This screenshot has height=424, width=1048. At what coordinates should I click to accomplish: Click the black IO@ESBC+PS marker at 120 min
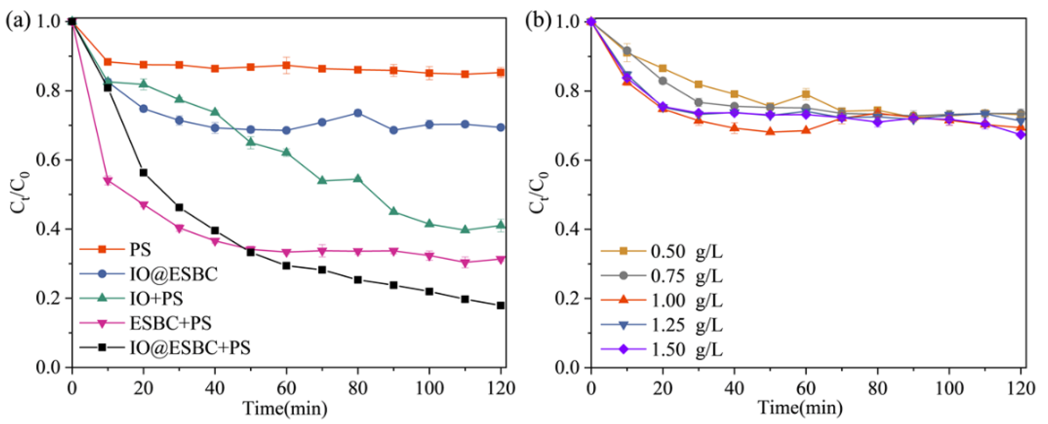point(501,305)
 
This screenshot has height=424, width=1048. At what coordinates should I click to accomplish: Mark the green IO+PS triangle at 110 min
point(465,229)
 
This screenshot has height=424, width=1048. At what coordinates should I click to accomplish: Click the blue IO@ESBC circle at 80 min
point(358,113)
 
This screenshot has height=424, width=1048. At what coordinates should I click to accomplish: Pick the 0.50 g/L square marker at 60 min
point(806,94)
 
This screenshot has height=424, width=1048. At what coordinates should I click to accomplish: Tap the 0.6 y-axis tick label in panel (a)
point(48,160)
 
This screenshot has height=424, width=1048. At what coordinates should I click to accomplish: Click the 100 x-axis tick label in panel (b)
point(949,388)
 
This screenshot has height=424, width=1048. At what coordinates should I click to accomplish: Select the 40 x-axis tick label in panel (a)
point(215,388)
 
